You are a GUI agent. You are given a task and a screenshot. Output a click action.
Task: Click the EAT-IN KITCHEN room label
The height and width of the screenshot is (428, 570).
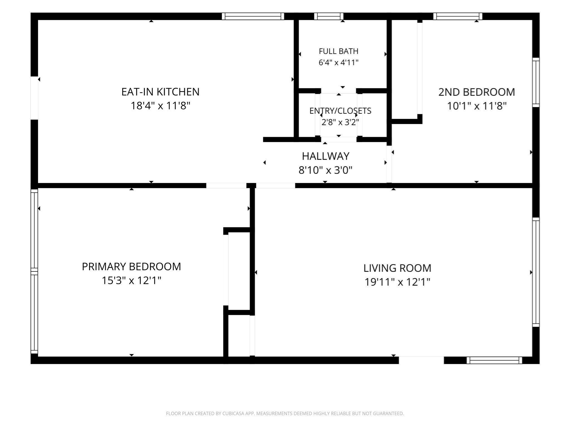160,92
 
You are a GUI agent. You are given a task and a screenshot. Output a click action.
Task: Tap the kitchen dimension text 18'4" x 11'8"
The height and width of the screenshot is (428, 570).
160,106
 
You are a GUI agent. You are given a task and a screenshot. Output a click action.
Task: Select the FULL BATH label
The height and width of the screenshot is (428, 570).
338,51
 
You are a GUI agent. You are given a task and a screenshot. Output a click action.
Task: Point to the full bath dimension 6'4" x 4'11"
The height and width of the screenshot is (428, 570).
338,62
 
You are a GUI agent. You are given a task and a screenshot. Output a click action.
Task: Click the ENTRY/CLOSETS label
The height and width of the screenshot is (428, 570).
340,111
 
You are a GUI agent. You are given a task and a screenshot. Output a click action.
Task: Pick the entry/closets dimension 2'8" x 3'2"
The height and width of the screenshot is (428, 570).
340,122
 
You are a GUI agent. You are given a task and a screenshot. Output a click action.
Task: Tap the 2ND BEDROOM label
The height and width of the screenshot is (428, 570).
476,92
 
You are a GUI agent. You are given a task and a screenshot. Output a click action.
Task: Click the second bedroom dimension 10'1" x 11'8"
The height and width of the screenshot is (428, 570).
476,106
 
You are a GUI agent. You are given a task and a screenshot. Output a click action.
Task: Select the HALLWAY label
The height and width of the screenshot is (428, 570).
326,156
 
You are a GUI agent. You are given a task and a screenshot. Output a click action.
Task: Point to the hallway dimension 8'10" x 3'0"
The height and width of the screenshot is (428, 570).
326,170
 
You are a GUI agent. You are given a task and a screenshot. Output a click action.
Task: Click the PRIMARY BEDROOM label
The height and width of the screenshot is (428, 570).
131,266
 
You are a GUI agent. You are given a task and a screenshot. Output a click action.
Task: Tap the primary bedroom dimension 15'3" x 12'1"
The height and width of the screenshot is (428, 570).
131,280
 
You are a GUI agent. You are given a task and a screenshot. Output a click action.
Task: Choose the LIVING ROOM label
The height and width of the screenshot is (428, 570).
397,268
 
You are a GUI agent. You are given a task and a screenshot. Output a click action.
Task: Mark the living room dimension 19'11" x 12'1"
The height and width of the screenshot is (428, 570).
397,282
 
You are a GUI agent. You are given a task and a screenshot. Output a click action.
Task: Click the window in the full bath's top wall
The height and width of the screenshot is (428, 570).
329,16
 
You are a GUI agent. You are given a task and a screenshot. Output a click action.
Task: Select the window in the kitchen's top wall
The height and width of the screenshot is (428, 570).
253,16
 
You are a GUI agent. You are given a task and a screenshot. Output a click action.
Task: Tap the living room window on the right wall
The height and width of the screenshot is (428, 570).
536,272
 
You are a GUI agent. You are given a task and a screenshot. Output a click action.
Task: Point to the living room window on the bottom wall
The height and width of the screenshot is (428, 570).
494,360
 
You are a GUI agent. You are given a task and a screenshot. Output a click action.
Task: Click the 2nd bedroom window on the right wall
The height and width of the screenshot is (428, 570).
536,82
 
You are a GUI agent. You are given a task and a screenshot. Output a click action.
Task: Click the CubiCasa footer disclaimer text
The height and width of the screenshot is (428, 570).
285,414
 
